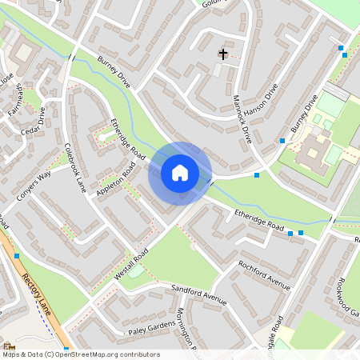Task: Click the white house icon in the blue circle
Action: point(179,172)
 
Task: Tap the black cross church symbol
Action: point(222,54)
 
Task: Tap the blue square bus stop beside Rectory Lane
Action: point(17,255)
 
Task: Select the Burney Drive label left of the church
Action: point(113,70)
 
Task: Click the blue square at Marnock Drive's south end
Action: point(257,174)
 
